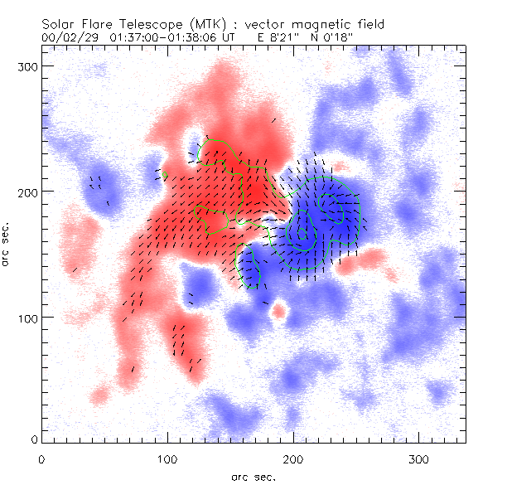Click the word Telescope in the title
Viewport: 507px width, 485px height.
pyautogui.click(x=146, y=26)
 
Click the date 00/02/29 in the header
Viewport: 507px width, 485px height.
pyautogui.click(x=70, y=38)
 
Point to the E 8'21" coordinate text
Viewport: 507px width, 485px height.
pyautogui.click(x=274, y=38)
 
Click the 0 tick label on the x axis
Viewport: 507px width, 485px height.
pyautogui.click(x=41, y=458)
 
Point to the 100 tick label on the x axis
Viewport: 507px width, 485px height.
pyautogui.click(x=167, y=458)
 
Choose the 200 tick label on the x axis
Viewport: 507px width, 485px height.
pyautogui.click(x=293, y=458)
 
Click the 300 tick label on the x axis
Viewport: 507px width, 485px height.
pyautogui.click(x=419, y=458)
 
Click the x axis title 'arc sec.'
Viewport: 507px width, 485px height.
pyautogui.click(x=253, y=476)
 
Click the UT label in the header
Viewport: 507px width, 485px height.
pyautogui.click(x=241, y=38)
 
